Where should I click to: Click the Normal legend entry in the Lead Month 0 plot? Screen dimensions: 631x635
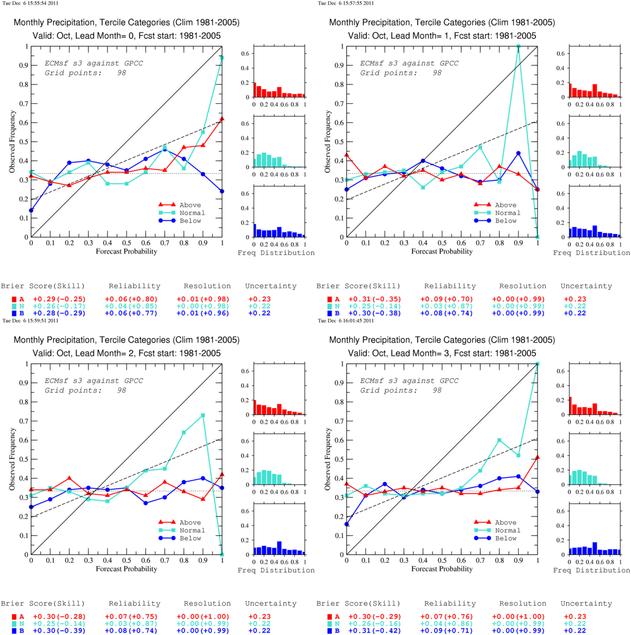[181, 213]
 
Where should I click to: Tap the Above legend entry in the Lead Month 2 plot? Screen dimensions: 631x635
[179, 523]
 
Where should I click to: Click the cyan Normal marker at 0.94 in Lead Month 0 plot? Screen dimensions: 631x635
[222, 58]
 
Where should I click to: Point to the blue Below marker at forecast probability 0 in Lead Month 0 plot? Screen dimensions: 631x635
[32, 210]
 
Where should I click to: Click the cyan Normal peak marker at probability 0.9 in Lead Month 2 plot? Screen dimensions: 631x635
[203, 415]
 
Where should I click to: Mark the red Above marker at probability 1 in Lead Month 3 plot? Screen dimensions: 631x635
[537, 457]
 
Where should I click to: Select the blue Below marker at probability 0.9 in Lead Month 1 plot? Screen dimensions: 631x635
[518, 153]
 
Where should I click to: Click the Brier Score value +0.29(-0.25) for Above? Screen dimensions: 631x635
[59, 299]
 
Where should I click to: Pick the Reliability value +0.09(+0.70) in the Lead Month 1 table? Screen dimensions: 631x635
[446, 299]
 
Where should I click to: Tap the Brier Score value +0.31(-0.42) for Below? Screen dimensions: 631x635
[375, 631]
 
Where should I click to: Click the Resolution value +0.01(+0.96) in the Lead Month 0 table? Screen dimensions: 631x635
[203, 313]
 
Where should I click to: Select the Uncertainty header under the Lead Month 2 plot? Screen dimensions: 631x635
[271, 603]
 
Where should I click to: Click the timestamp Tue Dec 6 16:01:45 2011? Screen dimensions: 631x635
[346, 321]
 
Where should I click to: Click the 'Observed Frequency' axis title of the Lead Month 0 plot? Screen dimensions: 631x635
[12, 141]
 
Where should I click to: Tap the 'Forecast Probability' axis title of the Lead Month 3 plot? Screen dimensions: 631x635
[442, 569]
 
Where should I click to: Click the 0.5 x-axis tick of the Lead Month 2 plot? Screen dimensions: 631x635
[126, 560]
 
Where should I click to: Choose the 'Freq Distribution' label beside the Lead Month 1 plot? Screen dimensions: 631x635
[591, 253]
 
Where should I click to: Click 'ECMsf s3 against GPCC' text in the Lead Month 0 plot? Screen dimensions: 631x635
[94, 63]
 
